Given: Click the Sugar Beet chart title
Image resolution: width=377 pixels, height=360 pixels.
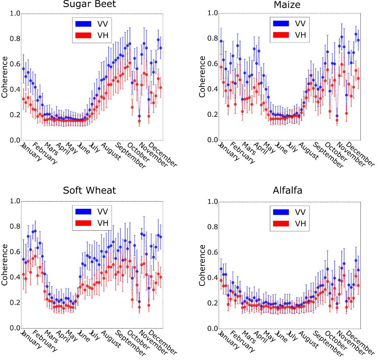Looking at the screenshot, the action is (89, 4).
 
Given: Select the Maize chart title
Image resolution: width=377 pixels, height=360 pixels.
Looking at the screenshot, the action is (287, 4).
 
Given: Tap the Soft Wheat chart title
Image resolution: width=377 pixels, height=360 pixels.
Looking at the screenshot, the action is (89, 191).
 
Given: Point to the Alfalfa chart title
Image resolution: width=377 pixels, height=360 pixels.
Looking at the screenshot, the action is (287, 191).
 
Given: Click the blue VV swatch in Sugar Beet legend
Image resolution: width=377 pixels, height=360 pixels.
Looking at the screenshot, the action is (84, 24).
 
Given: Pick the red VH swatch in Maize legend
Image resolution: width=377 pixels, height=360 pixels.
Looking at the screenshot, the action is (281, 35).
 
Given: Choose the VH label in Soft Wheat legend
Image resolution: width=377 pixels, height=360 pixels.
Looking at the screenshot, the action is (103, 223).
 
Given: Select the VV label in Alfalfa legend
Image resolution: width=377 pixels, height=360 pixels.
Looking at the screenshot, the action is (300, 212).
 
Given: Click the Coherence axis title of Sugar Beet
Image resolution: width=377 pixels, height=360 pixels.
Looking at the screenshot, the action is (4, 77).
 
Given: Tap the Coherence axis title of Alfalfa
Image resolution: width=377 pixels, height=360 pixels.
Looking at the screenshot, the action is (202, 265).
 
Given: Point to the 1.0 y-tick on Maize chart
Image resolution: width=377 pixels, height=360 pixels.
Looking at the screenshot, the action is (212, 13).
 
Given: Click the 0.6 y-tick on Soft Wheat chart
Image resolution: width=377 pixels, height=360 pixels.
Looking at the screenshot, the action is (15, 252).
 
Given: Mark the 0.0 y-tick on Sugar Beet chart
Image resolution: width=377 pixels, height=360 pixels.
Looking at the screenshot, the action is (15, 140).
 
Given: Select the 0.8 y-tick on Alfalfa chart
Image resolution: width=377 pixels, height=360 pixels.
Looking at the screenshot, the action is (212, 227).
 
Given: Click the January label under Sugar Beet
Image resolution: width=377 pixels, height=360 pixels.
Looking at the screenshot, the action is (31, 151).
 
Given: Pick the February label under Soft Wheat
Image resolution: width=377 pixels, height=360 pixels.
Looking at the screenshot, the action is (45, 341).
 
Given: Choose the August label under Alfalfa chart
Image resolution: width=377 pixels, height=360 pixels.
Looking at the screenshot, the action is (309, 339).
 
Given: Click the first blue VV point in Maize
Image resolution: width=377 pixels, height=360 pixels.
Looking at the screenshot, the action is (221, 41).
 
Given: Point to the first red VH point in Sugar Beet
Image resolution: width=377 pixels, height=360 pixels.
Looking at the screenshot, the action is (23, 99).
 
